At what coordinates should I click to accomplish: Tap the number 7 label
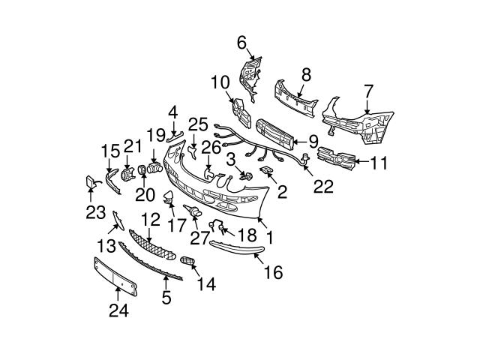click(x=368, y=91)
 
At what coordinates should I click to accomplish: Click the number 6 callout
click(x=241, y=43)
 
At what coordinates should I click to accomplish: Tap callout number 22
click(x=323, y=185)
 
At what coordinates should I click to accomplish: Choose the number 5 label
click(x=166, y=298)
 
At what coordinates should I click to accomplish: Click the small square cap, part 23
click(x=88, y=181)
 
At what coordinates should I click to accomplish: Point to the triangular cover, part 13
click(x=118, y=220)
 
